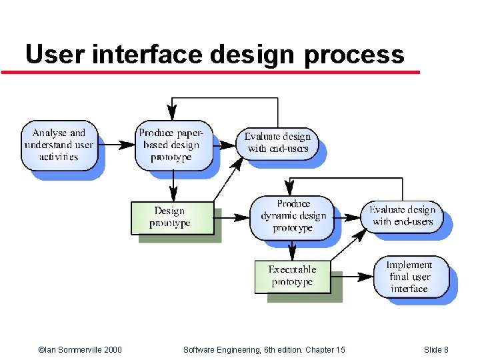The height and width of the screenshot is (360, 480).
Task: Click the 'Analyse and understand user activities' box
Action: pos(59,145)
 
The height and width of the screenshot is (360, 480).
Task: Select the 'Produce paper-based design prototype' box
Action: pos(173,145)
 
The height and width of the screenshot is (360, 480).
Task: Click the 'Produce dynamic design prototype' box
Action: pos(293,216)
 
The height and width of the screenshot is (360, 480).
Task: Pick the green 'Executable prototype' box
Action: pos(293,276)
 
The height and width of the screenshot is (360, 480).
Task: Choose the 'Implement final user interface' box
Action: pos(409,276)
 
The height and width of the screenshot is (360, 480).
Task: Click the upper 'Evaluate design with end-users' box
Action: pos(277,143)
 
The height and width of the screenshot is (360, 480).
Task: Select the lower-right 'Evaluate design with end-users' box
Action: pos(402,216)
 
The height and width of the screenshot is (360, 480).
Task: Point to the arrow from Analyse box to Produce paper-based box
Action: pos(116,144)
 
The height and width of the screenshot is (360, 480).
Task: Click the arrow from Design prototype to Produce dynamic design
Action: pos(231,217)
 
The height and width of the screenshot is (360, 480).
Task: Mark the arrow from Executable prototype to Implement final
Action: pos(351,276)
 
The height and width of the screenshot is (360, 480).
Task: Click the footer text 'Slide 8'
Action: pos(436,350)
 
